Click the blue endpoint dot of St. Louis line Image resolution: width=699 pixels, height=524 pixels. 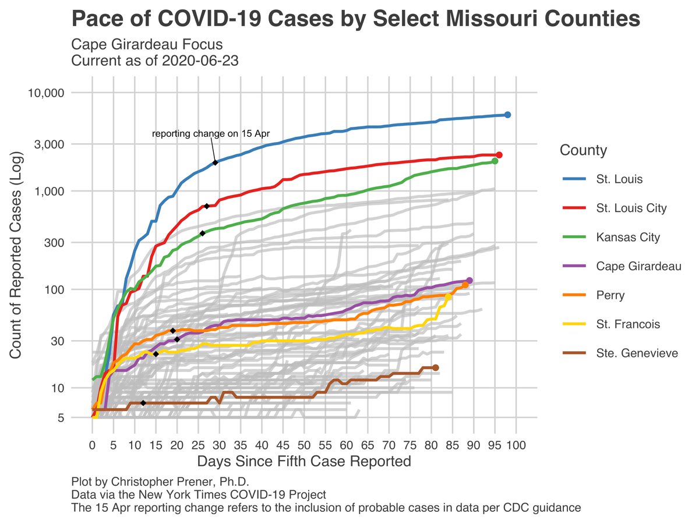pyautogui.click(x=507, y=115)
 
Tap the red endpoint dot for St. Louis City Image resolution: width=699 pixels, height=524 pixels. pyautogui.click(x=499, y=155)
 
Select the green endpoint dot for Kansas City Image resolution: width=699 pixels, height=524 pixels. pyautogui.click(x=495, y=161)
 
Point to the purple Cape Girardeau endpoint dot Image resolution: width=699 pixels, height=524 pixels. pyautogui.click(x=469, y=281)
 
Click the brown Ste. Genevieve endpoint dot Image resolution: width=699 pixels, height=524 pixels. pyautogui.click(x=435, y=367)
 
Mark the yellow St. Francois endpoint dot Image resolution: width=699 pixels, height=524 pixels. pyautogui.click(x=448, y=297)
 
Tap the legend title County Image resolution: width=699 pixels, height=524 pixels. pyautogui.click(x=583, y=151)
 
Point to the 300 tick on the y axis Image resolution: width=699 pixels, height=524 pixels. pyautogui.click(x=55, y=242)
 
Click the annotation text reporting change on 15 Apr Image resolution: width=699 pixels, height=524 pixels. pyautogui.click(x=211, y=134)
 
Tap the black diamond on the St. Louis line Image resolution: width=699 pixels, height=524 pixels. pyautogui.click(x=216, y=162)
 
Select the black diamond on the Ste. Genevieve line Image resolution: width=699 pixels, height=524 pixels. pyautogui.click(x=143, y=403)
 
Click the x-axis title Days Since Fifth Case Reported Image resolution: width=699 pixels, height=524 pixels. pyautogui.click(x=304, y=462)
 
